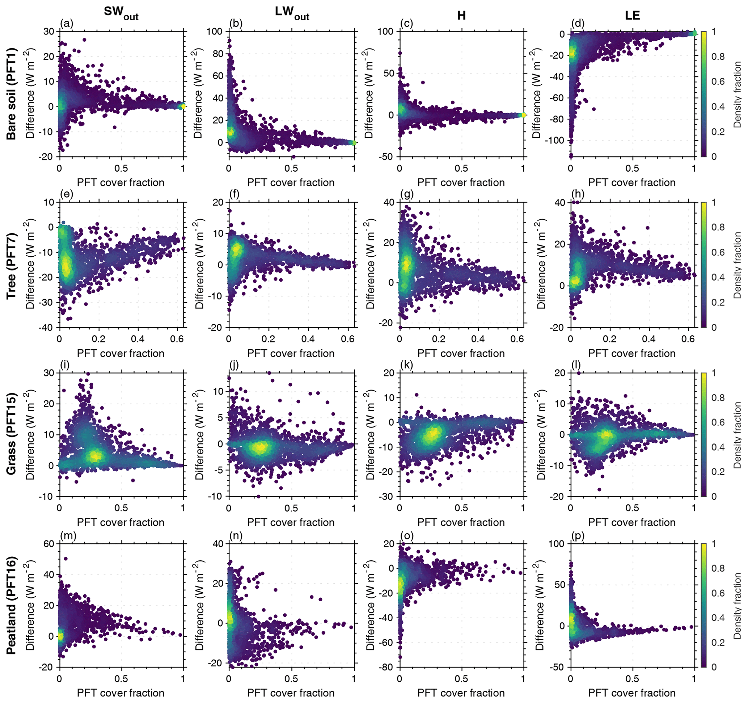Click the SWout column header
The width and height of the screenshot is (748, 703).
pyautogui.click(x=121, y=13)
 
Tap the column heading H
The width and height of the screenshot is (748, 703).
pyautogui.click(x=461, y=15)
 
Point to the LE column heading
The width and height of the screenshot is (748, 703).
pyautogui.click(x=632, y=15)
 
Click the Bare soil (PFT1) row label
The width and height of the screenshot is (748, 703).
pyautogui.click(x=11, y=94)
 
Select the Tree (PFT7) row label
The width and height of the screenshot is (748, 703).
pyautogui.click(x=11, y=265)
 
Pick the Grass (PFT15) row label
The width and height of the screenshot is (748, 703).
pyautogui.click(x=11, y=434)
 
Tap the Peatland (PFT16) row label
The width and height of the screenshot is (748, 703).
pyautogui.click(x=11, y=605)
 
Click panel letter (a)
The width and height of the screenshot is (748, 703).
pyautogui.click(x=67, y=24)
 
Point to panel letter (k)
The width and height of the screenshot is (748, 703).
pyautogui.click(x=407, y=365)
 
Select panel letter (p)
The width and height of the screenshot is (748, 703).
pyautogui.click(x=578, y=535)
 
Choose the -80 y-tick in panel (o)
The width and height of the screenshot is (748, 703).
pyautogui.click(x=385, y=667)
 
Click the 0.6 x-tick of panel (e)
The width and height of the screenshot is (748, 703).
pyautogui.click(x=177, y=339)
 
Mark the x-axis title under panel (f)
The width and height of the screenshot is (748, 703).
pyautogui.click(x=291, y=353)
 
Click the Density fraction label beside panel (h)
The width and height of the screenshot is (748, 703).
pyautogui.click(x=737, y=265)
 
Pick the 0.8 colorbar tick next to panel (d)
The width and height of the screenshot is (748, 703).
pyautogui.click(x=718, y=57)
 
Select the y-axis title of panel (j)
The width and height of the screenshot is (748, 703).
pyautogui.click(x=200, y=435)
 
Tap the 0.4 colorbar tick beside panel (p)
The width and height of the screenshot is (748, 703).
pyautogui.click(x=718, y=618)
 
